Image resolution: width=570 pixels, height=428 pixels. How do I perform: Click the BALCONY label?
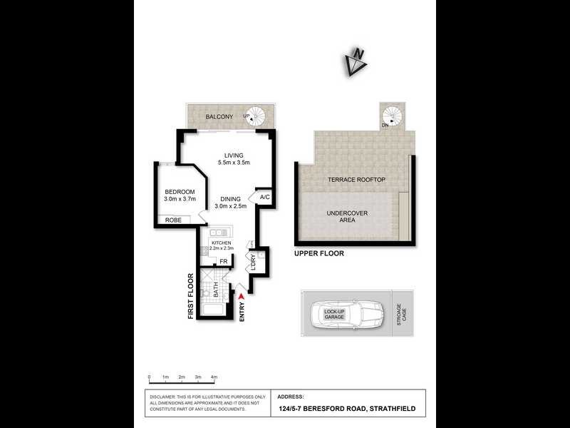219,116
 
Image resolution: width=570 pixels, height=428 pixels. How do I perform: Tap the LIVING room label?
234,155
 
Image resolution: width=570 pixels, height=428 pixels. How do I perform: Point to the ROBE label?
173,220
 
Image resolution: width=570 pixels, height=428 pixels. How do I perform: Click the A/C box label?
264,197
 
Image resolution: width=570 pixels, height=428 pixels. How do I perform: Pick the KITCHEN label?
221,243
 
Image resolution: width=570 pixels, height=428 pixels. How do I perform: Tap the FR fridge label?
223,261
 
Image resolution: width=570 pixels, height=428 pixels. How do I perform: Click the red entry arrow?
243,296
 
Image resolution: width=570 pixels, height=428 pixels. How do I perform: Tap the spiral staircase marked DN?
390,116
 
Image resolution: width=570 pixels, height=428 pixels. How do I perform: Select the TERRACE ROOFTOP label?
356,180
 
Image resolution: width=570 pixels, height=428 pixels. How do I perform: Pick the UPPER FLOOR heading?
318,253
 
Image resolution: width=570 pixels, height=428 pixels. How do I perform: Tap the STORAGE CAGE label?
402,315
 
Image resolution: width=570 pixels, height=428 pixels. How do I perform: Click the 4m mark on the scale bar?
214,376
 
